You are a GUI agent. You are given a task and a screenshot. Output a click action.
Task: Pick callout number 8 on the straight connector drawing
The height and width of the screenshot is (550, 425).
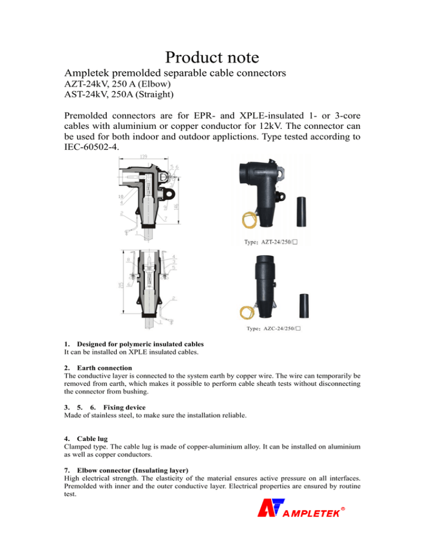(x=127, y=258)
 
